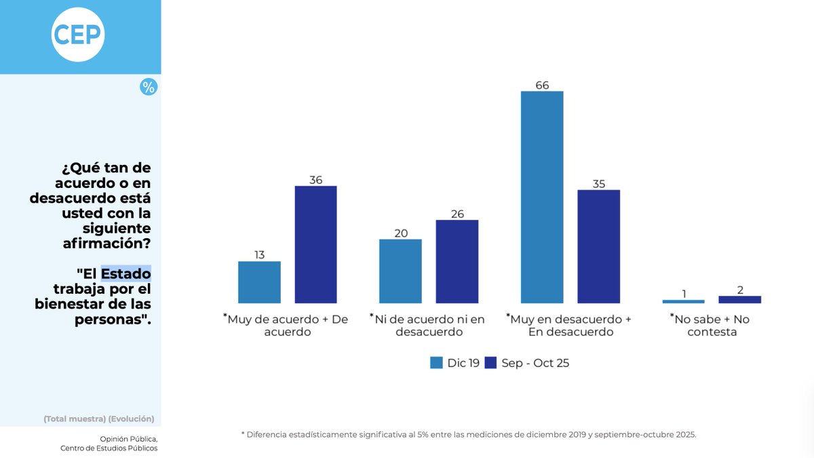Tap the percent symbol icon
(149, 87)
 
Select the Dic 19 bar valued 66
(542, 197)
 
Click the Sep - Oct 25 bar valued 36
(315, 244)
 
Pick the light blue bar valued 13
(259, 282)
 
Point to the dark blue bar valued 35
(598, 246)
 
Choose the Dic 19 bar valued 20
(400, 271)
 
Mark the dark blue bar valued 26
(457, 261)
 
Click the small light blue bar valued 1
(683, 301)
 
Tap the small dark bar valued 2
(739, 299)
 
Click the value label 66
(541, 85)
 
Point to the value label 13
(259, 255)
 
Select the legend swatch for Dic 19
(436, 363)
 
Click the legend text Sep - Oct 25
(535, 363)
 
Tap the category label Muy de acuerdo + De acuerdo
(286, 326)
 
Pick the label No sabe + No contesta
(712, 326)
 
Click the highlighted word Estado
(126, 273)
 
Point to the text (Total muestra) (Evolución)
(99, 419)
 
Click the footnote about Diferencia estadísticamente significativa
(469, 434)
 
